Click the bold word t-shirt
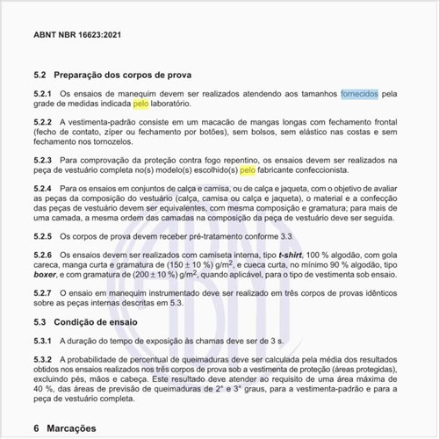tap(291, 255)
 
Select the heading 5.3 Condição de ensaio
tap(90, 321)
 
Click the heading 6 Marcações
tap(70, 428)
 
